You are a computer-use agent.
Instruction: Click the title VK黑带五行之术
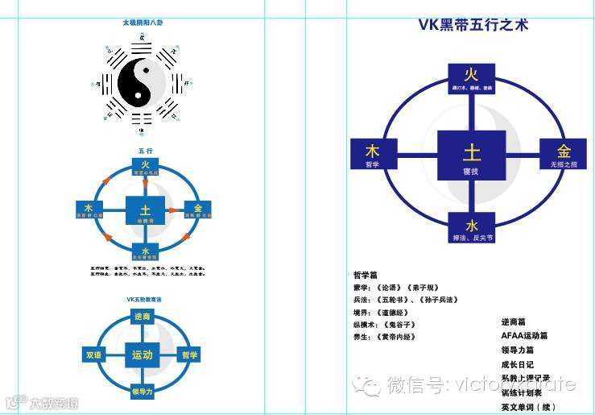pos(473,24)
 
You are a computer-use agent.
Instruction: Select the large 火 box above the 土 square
pos(472,82)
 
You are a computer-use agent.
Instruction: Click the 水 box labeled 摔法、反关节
pos(472,227)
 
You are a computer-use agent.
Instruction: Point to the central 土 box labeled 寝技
pos(472,155)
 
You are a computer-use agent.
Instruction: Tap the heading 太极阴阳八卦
pos(145,23)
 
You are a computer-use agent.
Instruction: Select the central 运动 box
pos(143,354)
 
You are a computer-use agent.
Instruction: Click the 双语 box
pos(94,355)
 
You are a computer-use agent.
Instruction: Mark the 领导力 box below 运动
pos(143,392)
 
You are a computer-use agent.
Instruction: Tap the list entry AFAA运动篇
pos(524,335)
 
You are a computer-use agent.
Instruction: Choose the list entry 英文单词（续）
pos(527,407)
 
